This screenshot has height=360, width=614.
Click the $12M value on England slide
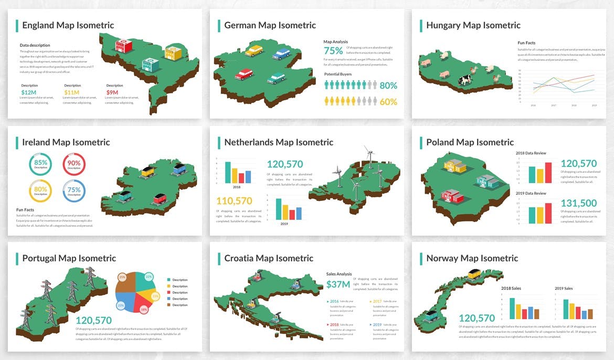pyautogui.click(x=28, y=92)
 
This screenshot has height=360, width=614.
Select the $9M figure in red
pyautogui.click(x=112, y=92)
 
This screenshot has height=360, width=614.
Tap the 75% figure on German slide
pyautogui.click(x=333, y=51)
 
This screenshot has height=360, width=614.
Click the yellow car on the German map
pyautogui.click(x=254, y=50)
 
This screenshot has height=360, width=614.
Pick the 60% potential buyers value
pyautogui.click(x=388, y=102)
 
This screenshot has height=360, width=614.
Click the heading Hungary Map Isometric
pyautogui.click(x=473, y=25)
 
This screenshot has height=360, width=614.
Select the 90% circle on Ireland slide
pyautogui.click(x=74, y=164)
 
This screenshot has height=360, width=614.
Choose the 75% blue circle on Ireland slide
pyautogui.click(x=74, y=191)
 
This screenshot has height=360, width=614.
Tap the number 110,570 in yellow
pyautogui.click(x=234, y=200)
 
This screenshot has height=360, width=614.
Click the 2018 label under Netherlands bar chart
pyautogui.click(x=236, y=187)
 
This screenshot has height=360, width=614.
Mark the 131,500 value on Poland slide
pyautogui.click(x=578, y=203)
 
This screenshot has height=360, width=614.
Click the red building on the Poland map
pyautogui.click(x=453, y=196)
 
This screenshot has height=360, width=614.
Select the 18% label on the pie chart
pyautogui.click(x=144, y=310)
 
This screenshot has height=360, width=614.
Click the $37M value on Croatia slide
pyautogui.click(x=337, y=284)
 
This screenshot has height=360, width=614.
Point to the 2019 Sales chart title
pyautogui.click(x=564, y=288)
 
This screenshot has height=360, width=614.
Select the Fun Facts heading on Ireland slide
pyautogui.click(x=25, y=209)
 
